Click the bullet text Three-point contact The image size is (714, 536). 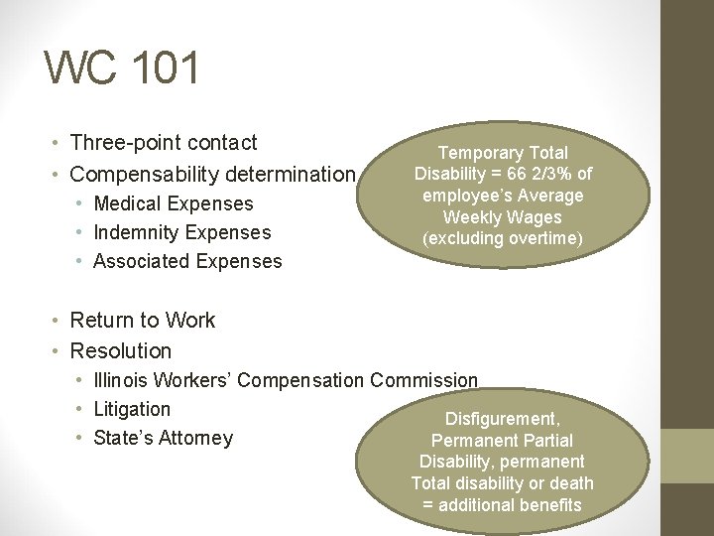pyautogui.click(x=164, y=143)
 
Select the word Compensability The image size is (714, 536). pyautogui.click(x=146, y=175)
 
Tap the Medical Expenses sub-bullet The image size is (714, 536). pyautogui.click(x=173, y=203)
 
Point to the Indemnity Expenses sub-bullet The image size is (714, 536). pyautogui.click(x=181, y=232)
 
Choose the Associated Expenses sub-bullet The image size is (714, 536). pyautogui.click(x=187, y=261)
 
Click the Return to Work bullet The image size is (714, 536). pyautogui.click(x=142, y=320)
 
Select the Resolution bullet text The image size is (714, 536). pyautogui.click(x=121, y=350)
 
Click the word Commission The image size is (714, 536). pyautogui.click(x=423, y=380)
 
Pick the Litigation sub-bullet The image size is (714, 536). pyautogui.click(x=132, y=409)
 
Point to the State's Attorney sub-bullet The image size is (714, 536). pyautogui.click(x=163, y=438)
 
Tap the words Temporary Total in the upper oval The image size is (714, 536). pyautogui.click(x=503, y=153)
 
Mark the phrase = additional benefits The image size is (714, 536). pyautogui.click(x=502, y=505)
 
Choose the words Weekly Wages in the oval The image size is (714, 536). pyautogui.click(x=502, y=217)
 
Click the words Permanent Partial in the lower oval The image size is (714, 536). pyautogui.click(x=502, y=440)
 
